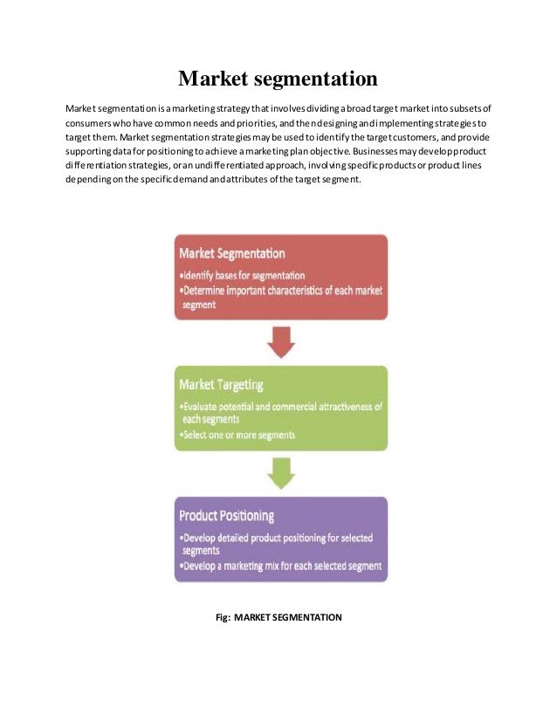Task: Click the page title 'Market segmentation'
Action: (278, 79)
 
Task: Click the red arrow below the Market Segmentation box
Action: (279, 342)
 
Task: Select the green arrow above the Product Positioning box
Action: (279, 473)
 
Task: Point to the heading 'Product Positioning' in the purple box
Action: (226, 515)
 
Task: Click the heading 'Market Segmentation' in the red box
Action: (231, 253)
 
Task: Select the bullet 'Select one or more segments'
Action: (237, 434)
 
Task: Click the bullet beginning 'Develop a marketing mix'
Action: (280, 566)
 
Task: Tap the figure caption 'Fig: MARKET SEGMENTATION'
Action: (278, 617)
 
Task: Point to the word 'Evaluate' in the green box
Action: (201, 407)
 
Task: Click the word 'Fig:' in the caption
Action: (223, 617)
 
